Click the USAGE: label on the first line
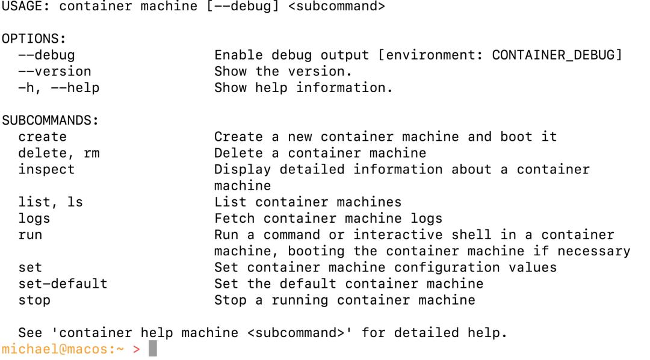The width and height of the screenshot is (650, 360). click(26, 6)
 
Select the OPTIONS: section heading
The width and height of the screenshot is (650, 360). click(34, 39)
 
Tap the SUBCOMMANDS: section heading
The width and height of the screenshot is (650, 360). click(50, 120)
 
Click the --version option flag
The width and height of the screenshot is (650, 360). click(54, 71)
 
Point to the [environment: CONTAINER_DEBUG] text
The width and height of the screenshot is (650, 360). click(500, 55)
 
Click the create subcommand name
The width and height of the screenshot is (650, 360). click(42, 137)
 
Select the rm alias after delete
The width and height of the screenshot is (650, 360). click(91, 154)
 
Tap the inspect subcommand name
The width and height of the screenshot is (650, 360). click(46, 170)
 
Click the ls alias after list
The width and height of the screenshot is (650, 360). click(75, 202)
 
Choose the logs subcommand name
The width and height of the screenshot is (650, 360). click(34, 219)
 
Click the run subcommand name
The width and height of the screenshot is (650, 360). click(30, 235)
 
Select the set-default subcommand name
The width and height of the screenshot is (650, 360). click(63, 284)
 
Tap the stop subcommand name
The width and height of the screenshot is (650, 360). click(34, 300)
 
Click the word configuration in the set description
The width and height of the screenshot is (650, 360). click(447, 268)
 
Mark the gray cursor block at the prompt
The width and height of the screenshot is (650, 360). click(153, 349)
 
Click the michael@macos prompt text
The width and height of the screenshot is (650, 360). click(58, 349)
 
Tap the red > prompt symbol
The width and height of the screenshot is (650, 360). click(137, 350)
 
